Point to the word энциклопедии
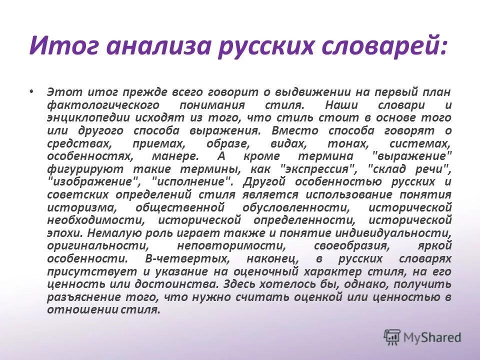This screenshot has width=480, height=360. (87, 118)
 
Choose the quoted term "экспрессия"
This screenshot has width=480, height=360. (317, 168)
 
